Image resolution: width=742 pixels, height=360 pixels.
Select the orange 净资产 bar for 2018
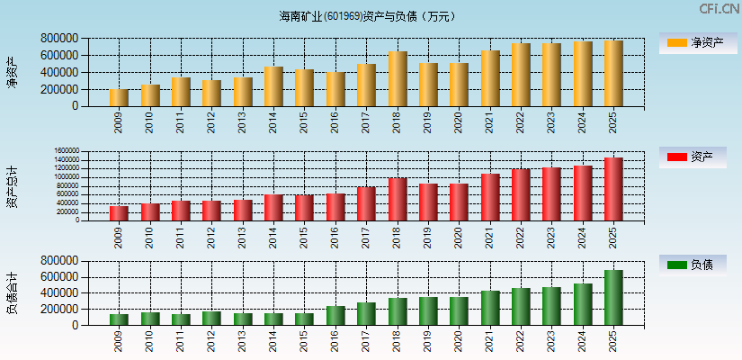(x=398, y=79)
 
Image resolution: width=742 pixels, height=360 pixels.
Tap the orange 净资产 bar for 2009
(x=119, y=98)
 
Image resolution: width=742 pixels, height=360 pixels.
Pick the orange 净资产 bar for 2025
(x=613, y=74)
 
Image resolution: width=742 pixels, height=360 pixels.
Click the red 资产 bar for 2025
(x=613, y=189)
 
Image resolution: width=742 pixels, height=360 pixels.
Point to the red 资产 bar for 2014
(x=273, y=208)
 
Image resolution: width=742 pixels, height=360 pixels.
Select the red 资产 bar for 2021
(x=490, y=197)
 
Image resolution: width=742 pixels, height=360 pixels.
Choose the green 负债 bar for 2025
(x=613, y=298)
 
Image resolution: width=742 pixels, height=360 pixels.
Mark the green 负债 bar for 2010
(x=150, y=319)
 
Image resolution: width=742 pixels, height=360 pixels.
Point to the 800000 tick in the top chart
(x=58, y=39)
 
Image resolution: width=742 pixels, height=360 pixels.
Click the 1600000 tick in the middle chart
(x=67, y=151)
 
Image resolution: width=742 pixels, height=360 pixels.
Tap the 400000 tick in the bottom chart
(x=58, y=293)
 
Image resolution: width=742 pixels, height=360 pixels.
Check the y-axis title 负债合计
(x=13, y=293)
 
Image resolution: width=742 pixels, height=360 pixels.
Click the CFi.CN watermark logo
(x=719, y=9)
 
